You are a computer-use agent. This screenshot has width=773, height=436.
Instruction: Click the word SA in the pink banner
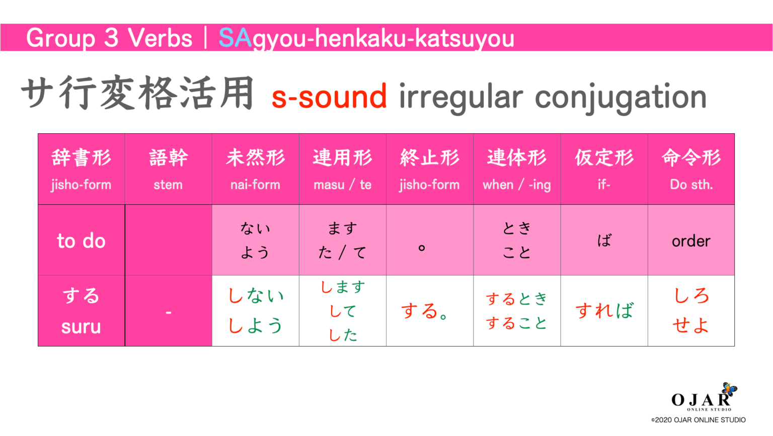235,38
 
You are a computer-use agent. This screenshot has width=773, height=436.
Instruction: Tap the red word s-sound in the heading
329,97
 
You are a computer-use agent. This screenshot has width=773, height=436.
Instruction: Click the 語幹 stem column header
168,169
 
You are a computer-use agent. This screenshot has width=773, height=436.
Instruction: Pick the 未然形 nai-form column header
255,169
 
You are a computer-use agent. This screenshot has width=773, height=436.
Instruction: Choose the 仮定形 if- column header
604,169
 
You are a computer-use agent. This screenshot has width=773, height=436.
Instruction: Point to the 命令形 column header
691,169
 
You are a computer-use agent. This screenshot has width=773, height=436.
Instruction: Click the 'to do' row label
81,241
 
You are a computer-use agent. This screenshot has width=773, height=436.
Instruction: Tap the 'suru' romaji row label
81,327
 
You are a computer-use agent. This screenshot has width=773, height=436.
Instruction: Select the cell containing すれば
604,311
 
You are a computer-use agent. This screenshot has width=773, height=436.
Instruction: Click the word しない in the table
256,296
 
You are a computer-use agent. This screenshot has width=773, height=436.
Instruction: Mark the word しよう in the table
256,325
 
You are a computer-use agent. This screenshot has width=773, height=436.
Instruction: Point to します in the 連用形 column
343,287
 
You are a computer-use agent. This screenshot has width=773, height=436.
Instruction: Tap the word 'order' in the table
691,241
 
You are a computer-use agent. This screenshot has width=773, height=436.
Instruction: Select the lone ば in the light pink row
604,240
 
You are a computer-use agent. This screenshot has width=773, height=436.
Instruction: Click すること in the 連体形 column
516,323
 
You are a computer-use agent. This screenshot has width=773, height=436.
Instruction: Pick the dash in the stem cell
168,312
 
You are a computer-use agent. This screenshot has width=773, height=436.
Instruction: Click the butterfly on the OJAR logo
729,389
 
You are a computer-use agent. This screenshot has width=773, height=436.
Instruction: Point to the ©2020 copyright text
698,420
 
